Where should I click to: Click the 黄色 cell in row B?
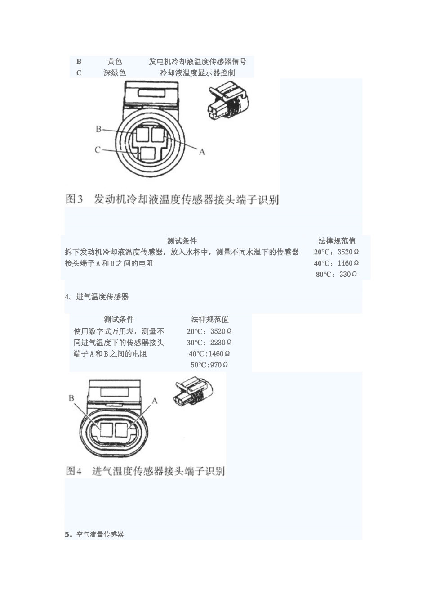pos(115,62)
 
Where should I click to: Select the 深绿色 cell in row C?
pos(115,72)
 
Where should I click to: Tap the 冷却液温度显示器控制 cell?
pos(197,72)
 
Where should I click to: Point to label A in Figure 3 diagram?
pos(202,152)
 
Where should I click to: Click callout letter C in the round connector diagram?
pos(97,149)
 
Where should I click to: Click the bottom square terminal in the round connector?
pos(147,154)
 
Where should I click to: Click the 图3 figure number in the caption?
pos(74,199)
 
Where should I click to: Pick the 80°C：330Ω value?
pos(336,274)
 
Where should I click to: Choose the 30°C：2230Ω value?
pos(209,343)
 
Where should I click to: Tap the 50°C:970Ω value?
pos(209,365)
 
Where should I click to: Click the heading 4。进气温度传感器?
pos(97,297)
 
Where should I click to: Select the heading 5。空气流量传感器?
pos(94,534)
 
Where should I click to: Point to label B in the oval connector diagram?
pos(71,398)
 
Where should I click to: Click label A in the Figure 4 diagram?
pos(155,400)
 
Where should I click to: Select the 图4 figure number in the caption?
pos(74,471)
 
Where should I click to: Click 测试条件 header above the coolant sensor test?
pos(182,241)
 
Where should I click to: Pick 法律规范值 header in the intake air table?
pos(209,319)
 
